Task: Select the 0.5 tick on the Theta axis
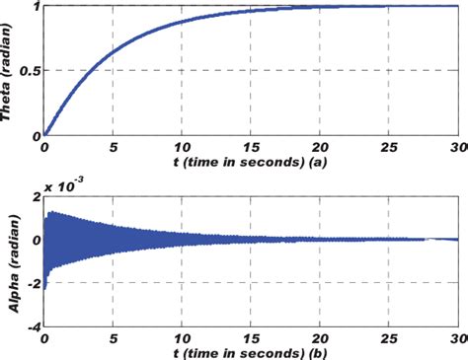pyautogui.click(x=26, y=71)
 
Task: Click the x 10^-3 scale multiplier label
pyautogui.click(x=59, y=184)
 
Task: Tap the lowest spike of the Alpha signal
pyautogui.click(x=44, y=289)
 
